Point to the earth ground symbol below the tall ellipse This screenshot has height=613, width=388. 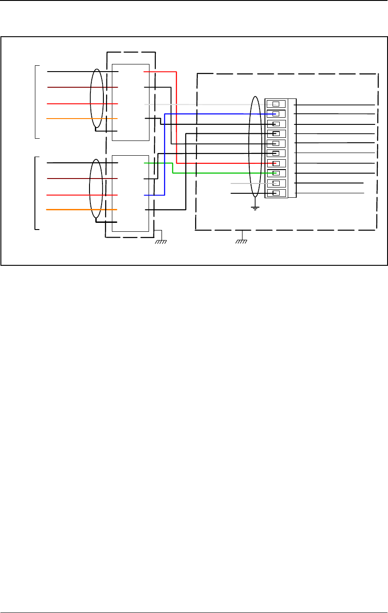(x=255, y=208)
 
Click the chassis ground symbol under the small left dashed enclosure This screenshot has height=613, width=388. (x=161, y=242)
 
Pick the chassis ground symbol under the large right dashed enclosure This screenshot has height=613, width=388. (x=242, y=242)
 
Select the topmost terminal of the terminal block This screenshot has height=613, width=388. (x=276, y=104)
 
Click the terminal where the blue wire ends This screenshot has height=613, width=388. (x=276, y=114)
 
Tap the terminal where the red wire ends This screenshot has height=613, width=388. (x=276, y=163)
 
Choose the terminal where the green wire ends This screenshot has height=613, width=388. (x=276, y=173)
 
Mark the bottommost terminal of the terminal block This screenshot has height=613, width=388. (x=276, y=193)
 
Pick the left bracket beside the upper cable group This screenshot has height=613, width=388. (x=35, y=102)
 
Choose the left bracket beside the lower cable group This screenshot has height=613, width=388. (x=35, y=193)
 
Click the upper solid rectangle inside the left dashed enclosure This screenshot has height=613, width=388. (x=131, y=102)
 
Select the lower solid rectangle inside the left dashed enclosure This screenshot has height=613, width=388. (x=131, y=193)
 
